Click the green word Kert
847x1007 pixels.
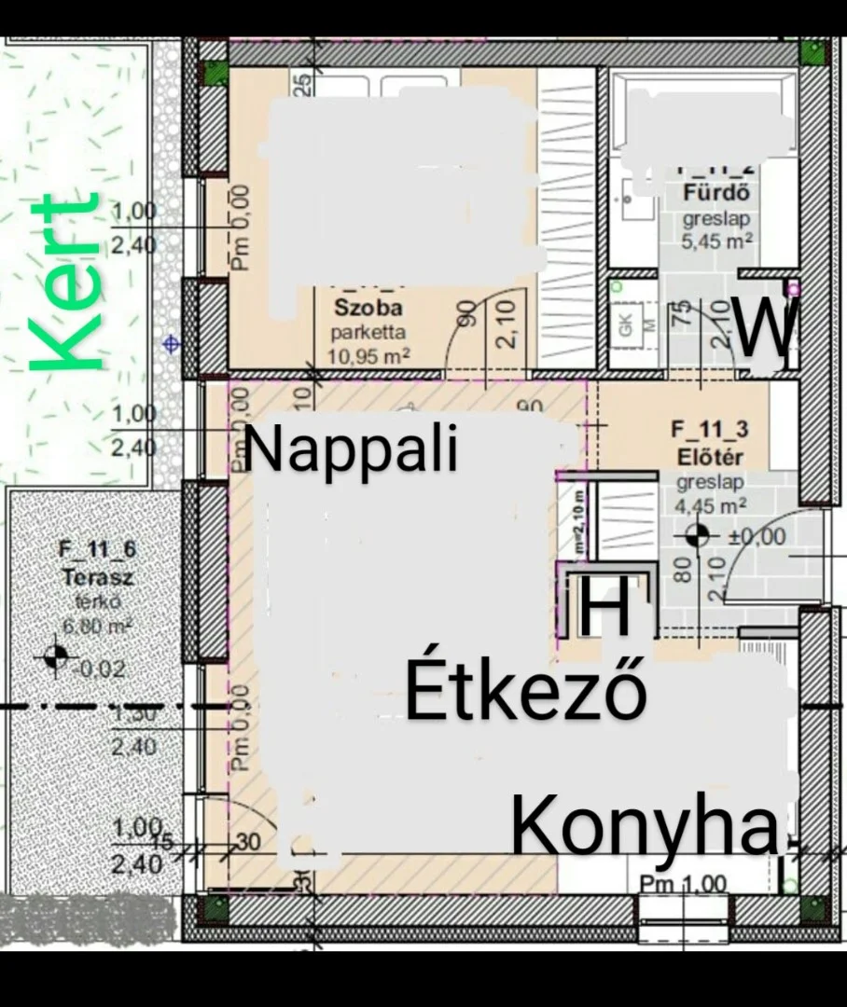pos(65,282)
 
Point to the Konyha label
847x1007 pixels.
pos(645,826)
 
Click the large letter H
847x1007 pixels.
pos(607,608)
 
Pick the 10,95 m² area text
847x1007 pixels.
pos(369,355)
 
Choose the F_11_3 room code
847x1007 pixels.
pos(710,431)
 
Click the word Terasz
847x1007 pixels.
pos(98,577)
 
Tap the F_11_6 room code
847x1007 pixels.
pos(98,553)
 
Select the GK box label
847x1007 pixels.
pos(626,324)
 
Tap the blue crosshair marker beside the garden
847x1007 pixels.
pos(172,344)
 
